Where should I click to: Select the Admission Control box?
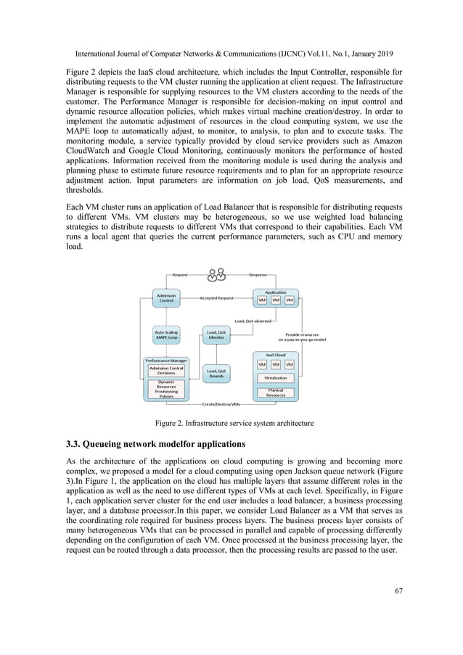pos(165,297)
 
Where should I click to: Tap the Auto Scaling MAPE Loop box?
pos(165,334)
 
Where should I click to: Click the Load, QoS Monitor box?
pos(216,334)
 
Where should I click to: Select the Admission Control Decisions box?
pos(165,371)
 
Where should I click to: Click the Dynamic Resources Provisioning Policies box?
pos(165,389)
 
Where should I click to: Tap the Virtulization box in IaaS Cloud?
pos(275,378)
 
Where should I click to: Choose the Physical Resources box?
pos(275,393)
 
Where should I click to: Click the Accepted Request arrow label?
pos(216,298)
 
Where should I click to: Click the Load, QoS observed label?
pos(252,320)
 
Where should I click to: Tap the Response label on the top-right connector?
pos(258,276)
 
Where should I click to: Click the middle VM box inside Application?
pos(276,300)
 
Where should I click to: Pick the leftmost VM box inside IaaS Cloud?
pos(262,364)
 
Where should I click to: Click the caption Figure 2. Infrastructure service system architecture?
pos(231,422)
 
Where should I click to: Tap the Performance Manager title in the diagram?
pos(165,361)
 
